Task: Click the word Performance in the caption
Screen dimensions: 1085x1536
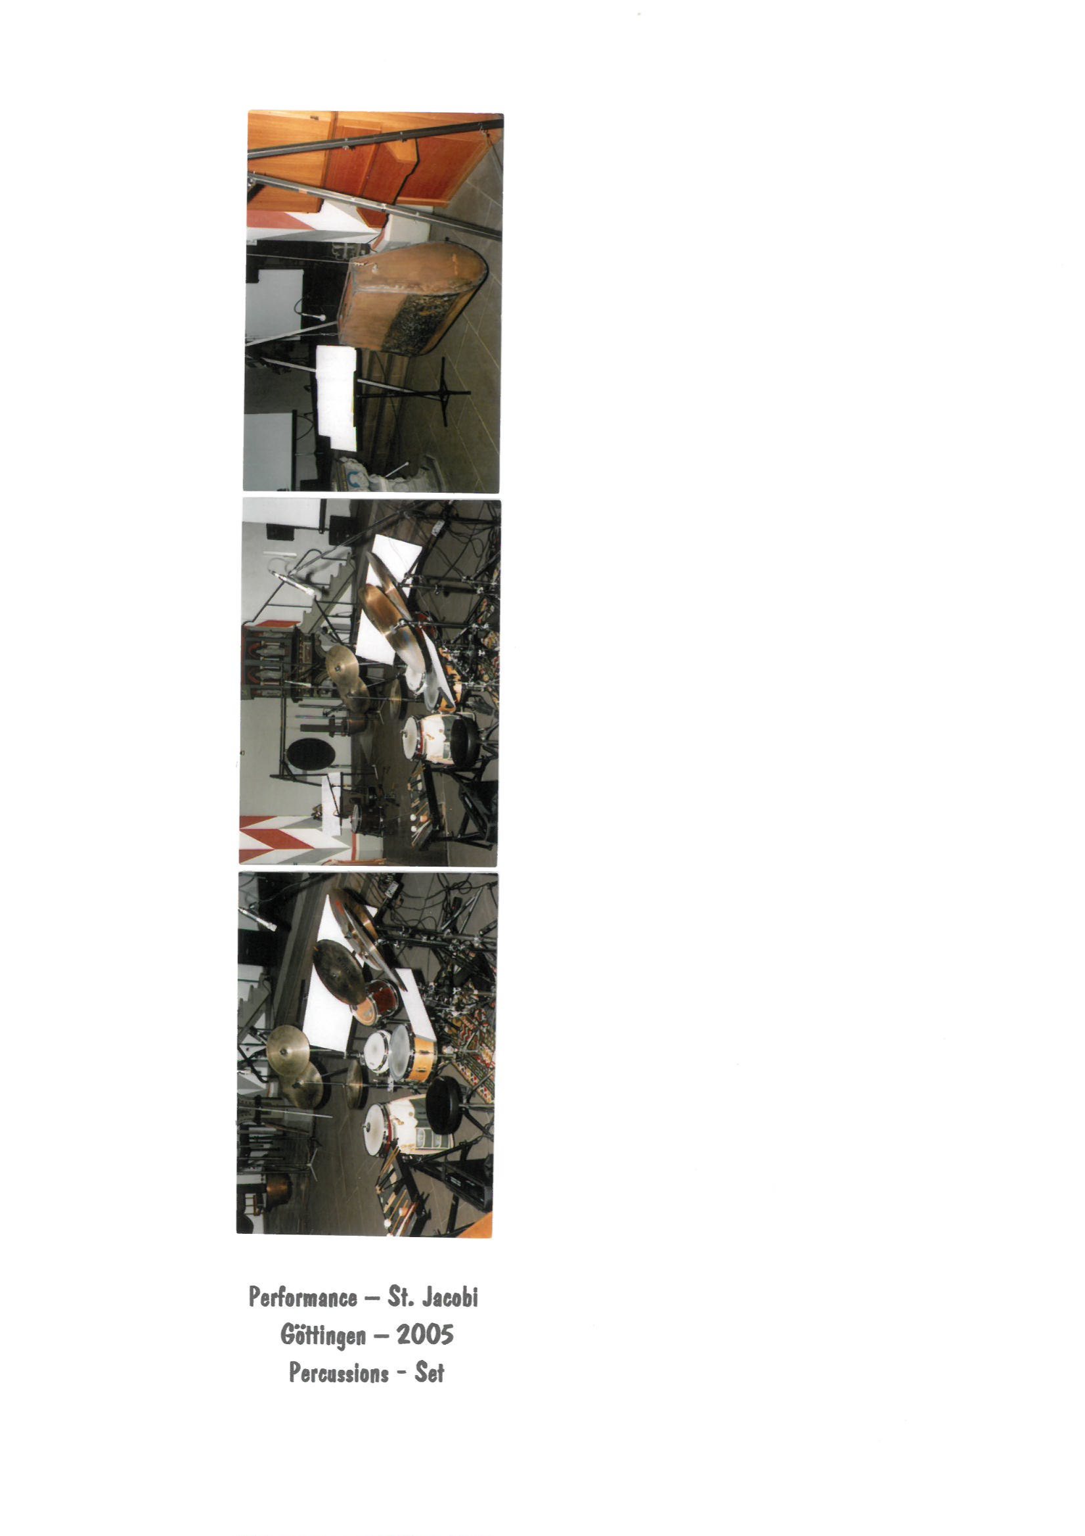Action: click(x=303, y=1297)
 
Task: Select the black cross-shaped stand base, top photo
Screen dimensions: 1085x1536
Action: click(x=444, y=392)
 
